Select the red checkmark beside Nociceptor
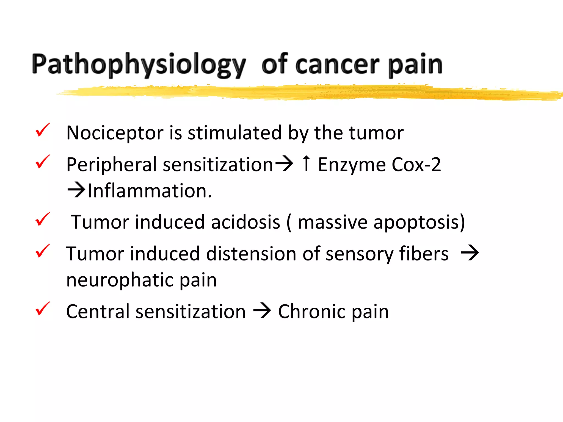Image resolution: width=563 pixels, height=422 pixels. pos(43,130)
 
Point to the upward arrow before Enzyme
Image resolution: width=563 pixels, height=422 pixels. pos(306,163)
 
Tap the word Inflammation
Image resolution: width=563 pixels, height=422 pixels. pos(150,191)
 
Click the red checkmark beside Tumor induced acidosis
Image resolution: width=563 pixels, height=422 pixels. pos(43,219)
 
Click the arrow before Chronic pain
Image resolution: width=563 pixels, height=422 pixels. pos(262,311)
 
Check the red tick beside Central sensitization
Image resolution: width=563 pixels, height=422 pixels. pos(43,309)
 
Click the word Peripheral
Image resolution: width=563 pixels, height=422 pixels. pos(112,165)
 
